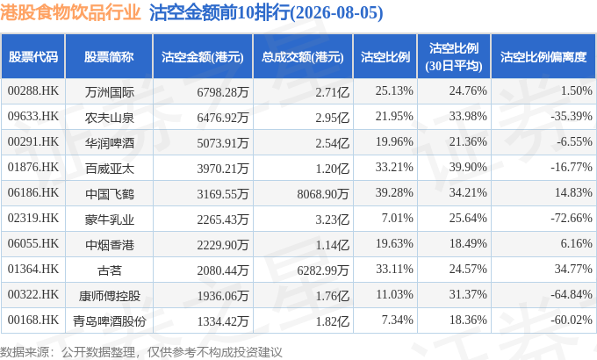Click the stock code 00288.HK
tap(33, 91)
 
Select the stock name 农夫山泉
tap(109, 118)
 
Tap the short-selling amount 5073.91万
tap(223, 143)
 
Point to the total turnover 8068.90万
tap(323, 194)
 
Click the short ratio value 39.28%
tap(394, 193)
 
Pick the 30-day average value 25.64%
tap(468, 219)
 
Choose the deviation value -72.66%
tap(572, 219)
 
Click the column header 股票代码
tap(33, 57)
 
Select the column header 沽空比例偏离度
tap(543, 57)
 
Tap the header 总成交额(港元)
tap(303, 57)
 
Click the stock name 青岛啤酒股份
tap(109, 321)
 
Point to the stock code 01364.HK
tap(33, 270)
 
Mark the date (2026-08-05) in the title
tap(336, 13)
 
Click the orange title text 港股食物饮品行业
tap(70, 12)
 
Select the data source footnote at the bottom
tap(140, 352)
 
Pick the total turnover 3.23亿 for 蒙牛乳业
tap(332, 220)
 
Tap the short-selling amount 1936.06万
tap(223, 296)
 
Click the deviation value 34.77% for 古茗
tap(573, 270)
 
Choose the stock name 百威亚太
tap(109, 169)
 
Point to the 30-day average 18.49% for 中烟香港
tap(468, 244)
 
